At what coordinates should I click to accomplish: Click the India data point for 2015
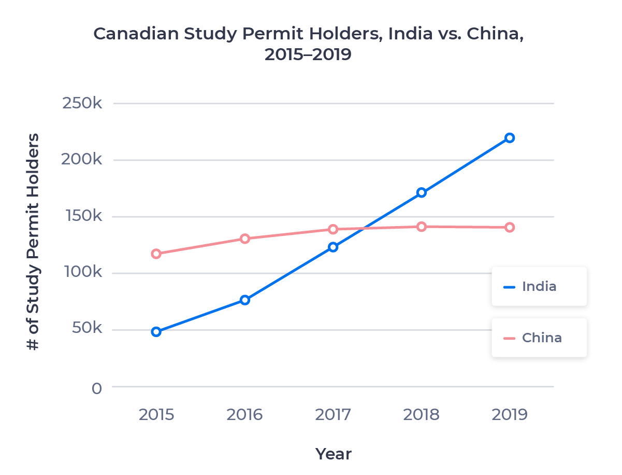(x=156, y=332)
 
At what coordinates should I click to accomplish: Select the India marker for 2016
(x=245, y=300)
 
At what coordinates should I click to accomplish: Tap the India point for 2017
(x=333, y=247)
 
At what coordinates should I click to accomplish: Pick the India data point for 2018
(x=422, y=192)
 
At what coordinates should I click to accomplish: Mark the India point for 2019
(x=510, y=137)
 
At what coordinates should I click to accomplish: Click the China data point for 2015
(x=156, y=254)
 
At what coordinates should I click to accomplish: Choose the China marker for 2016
(x=245, y=239)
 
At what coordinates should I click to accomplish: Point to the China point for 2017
(x=333, y=229)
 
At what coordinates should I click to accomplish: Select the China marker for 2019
(x=510, y=227)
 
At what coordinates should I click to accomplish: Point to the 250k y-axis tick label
(x=82, y=103)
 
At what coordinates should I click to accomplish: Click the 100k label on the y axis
(x=82, y=272)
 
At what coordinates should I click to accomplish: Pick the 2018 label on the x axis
(x=422, y=415)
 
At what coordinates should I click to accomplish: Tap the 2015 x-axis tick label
(x=156, y=415)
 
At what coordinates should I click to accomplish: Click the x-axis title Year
(x=334, y=454)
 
